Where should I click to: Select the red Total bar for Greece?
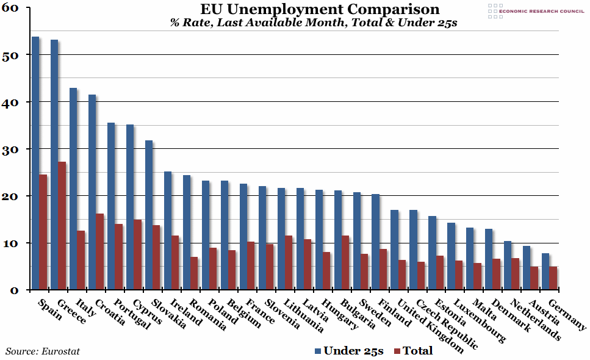coord(62,226)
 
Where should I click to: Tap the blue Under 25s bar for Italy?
coord(73,189)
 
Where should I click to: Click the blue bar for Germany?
coord(545,271)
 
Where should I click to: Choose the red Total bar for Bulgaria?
coord(346,262)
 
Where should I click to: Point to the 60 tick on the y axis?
coord(14,8)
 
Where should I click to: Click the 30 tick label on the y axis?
coord(14,149)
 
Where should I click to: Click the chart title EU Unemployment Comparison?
coord(320,10)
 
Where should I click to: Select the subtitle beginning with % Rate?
coord(314,23)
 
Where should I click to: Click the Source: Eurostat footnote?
coord(43,351)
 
